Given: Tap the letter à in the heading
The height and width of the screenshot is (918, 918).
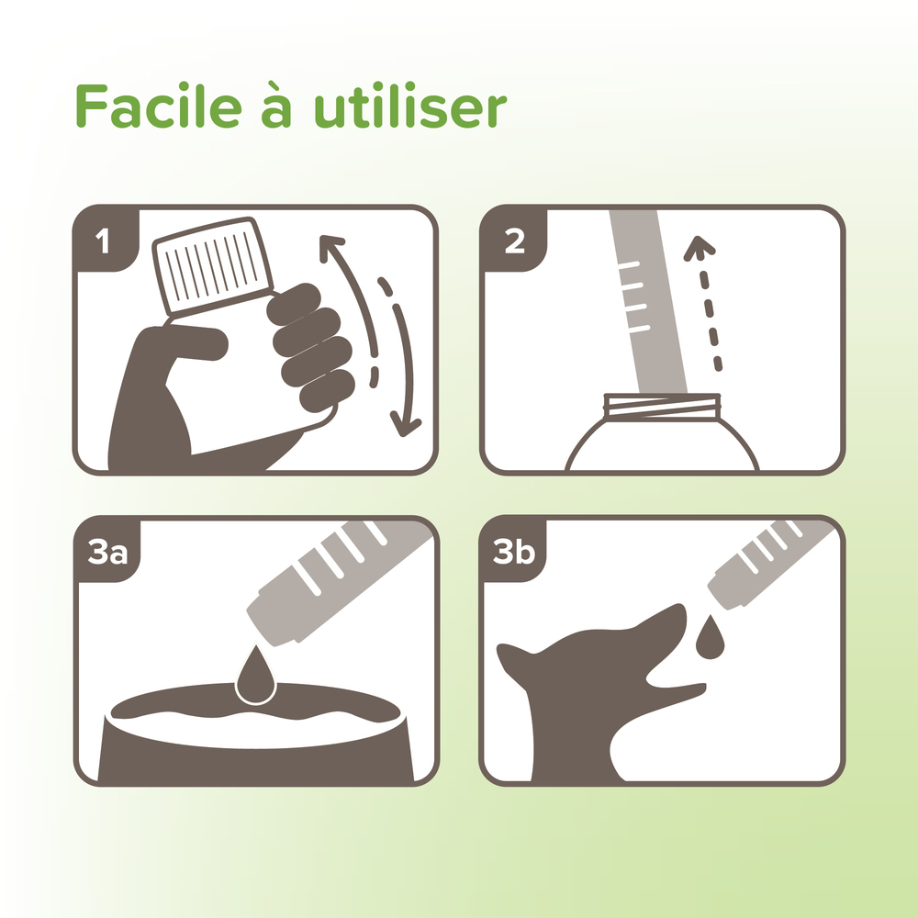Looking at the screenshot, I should click(279, 106).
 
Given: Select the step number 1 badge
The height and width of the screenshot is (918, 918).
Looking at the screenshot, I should click(102, 241).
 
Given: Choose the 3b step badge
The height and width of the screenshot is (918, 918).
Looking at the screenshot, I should click(515, 553).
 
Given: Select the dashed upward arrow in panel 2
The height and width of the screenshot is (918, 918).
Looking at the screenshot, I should click(707, 303).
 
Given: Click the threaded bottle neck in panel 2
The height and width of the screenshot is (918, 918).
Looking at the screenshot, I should click(662, 404).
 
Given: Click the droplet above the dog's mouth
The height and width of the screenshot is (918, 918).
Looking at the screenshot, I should click(708, 639).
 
